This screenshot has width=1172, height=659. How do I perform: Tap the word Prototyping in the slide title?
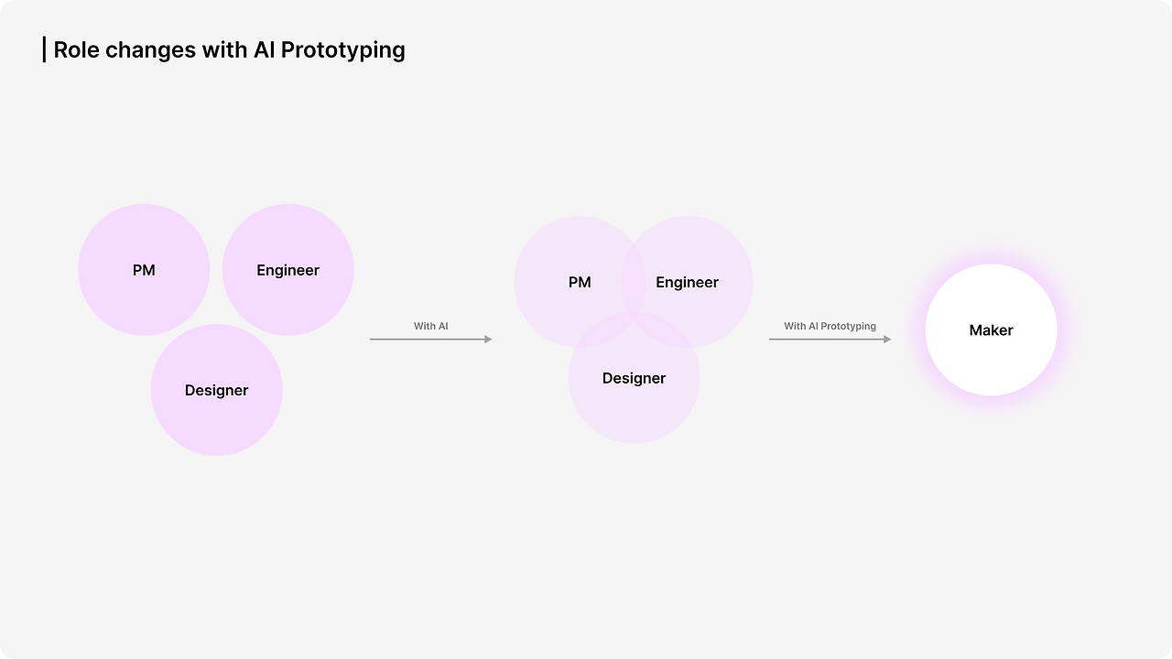(x=342, y=51)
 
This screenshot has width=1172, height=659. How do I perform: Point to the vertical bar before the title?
(x=45, y=49)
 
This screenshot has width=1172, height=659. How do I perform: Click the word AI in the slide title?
(x=265, y=50)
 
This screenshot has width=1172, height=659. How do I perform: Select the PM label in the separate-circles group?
(x=144, y=270)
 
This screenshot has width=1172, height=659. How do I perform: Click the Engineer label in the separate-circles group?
(x=288, y=270)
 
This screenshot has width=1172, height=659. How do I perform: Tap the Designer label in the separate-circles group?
(x=217, y=391)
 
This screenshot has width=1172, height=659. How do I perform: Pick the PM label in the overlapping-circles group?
(x=580, y=283)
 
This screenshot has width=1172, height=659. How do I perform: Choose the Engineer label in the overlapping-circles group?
(x=687, y=283)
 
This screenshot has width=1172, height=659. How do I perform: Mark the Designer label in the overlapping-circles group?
(x=635, y=379)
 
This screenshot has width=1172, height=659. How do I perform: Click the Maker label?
(x=991, y=330)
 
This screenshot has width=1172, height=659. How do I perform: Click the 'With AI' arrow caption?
(x=431, y=327)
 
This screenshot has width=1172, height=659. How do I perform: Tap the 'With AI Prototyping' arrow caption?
(x=830, y=327)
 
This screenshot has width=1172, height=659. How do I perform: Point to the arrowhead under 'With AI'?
(x=488, y=340)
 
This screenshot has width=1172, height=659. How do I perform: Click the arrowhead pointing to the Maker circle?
(x=887, y=340)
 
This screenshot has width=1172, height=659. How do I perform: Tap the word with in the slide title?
(x=224, y=50)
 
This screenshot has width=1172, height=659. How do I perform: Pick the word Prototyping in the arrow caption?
(x=848, y=327)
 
